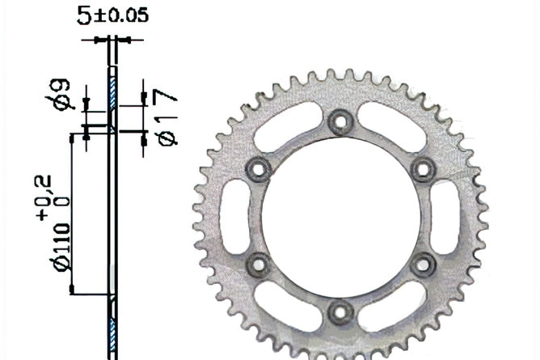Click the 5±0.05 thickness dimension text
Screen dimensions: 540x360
coord(112,16)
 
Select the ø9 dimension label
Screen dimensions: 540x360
coord(59,95)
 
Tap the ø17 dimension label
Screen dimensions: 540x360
coord(166,117)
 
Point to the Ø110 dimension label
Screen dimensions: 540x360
coord(62,247)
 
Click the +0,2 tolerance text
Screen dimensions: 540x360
coord(44,197)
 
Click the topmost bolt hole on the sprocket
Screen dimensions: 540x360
coord(340,121)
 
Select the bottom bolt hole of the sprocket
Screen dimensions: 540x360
coord(340,313)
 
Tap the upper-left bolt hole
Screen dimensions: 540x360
coord(259,169)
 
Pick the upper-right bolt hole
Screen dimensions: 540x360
coord(424,169)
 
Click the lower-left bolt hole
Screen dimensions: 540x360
coord(259,265)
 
